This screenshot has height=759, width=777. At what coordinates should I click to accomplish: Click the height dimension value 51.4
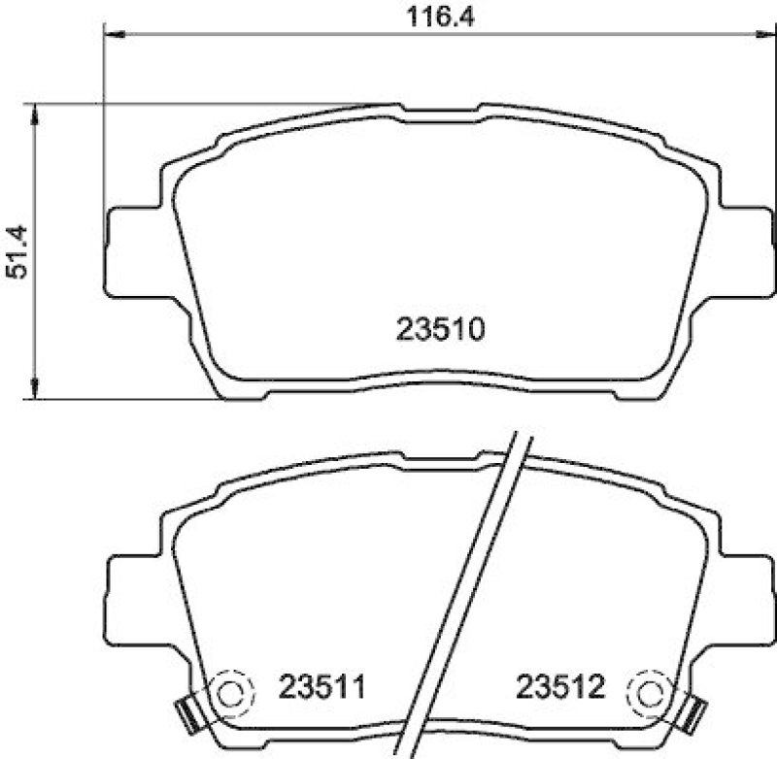pos(17,252)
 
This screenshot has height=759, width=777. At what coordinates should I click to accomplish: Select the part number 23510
pos(440,331)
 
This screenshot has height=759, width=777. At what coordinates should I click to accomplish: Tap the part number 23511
pos(321,689)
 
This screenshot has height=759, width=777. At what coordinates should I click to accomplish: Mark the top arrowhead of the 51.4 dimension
pos(35,114)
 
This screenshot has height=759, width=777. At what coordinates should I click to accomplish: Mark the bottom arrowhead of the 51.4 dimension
pos(35,388)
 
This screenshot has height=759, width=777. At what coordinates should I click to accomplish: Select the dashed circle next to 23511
pos(231,693)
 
